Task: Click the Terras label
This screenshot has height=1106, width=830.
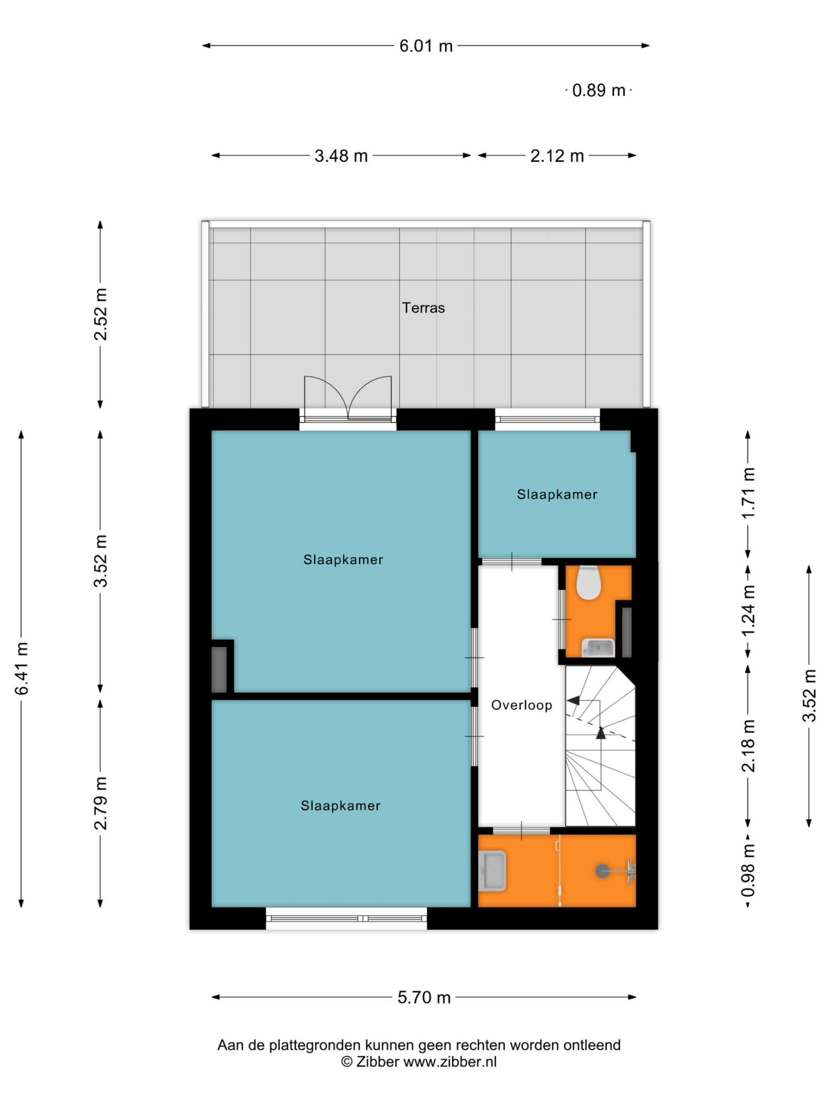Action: (x=424, y=308)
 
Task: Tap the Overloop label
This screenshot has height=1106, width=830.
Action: (x=522, y=705)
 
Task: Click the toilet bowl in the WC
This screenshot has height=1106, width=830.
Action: (x=588, y=583)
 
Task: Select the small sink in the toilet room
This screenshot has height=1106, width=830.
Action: (x=598, y=648)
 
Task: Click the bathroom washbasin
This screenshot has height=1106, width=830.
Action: (x=492, y=871)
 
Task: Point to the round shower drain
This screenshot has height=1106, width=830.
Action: (x=602, y=871)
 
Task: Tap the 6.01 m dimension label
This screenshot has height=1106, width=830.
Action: (x=426, y=46)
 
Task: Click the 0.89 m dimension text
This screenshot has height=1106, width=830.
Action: (x=599, y=90)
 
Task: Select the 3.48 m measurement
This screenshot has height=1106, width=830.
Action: (x=341, y=156)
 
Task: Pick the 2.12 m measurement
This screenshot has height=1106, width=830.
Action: (x=557, y=156)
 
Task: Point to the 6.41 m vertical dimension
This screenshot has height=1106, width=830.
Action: (x=22, y=669)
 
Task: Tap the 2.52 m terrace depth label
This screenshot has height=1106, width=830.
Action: (x=101, y=314)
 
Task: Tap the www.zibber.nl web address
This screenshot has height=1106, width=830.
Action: (x=450, y=1062)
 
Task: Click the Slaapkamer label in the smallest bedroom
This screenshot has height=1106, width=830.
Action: (x=557, y=495)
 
